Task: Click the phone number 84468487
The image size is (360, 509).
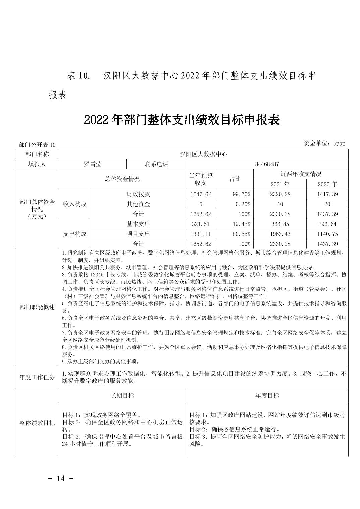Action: (267, 164)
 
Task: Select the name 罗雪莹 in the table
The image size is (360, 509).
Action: (93, 164)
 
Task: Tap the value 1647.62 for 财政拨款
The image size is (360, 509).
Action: (201, 194)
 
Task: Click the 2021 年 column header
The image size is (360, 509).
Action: (280, 184)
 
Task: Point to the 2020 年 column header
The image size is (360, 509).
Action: (327, 184)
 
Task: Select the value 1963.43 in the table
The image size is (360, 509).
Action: (280, 234)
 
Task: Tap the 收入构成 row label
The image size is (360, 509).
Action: (75, 204)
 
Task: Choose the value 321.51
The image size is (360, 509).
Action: (201, 224)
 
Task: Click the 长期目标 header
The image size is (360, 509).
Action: (122, 395)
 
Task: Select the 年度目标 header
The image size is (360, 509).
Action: (267, 395)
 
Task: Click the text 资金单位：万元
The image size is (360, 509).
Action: (324, 143)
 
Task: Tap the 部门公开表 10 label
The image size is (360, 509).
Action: (37, 145)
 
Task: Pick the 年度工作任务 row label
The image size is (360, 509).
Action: (37, 377)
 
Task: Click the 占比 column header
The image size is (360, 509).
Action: (235, 179)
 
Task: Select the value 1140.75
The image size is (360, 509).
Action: (327, 234)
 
